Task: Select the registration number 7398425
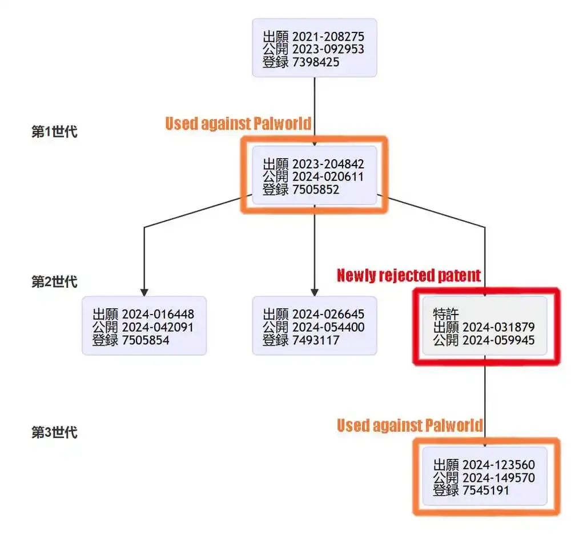316,62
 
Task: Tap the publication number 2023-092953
328,50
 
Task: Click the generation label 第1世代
54,132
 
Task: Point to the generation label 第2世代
54,282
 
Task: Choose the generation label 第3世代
54,432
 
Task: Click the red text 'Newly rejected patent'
409,276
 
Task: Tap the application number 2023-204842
328,164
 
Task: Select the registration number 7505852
316,190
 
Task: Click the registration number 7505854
146,340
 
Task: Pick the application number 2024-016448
158,315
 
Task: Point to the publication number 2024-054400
328,328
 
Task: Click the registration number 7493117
316,340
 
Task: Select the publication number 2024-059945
498,340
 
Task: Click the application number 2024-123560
498,465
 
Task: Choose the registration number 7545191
486,490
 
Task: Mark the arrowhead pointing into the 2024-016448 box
144,292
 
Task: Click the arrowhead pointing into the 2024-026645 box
315,292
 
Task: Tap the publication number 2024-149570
498,477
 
